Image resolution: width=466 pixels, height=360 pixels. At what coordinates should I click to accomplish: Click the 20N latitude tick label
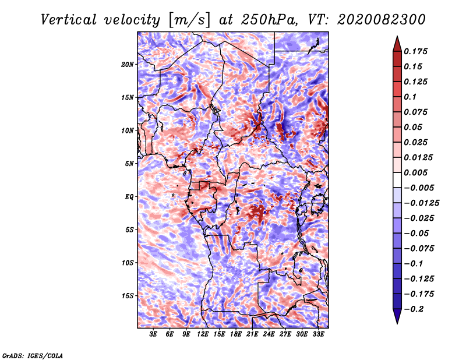128,65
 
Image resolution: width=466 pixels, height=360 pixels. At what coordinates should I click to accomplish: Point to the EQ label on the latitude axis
129,197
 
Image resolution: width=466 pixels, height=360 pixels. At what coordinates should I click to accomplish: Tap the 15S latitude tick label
128,296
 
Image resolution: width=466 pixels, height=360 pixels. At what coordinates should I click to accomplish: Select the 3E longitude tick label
153,334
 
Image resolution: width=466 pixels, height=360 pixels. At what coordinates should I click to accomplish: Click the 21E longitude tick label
252,334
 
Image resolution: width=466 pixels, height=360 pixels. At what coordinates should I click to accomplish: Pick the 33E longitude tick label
318,334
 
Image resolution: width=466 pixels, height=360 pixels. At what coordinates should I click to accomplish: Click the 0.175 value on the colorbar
415,51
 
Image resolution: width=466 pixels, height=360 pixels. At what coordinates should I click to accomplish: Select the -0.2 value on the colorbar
414,309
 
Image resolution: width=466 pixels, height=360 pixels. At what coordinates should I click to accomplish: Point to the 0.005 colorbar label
415,172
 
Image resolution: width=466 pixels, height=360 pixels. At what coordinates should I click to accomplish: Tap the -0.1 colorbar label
413,264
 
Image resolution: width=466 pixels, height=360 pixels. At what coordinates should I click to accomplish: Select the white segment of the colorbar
397,180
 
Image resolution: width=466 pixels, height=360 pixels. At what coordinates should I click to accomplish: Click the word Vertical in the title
69,20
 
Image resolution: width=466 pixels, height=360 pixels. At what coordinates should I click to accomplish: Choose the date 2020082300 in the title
382,20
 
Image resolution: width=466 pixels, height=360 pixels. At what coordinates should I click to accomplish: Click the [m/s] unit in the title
189,20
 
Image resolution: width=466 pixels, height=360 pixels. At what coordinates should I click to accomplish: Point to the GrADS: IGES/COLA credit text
33,356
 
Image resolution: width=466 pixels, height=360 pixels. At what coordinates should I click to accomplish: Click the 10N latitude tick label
128,131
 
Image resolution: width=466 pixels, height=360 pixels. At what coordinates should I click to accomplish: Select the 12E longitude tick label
203,334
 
